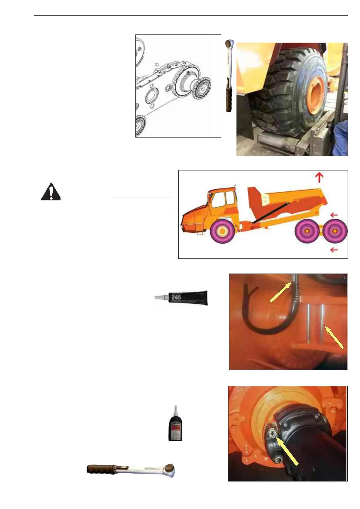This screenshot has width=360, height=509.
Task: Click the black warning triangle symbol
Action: tap(51, 192)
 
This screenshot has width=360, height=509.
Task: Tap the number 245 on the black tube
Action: tap(176, 297)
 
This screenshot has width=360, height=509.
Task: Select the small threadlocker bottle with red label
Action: tap(175, 426)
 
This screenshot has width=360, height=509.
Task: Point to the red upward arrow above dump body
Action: tap(319, 177)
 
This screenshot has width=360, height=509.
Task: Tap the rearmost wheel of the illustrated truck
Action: tap(335, 231)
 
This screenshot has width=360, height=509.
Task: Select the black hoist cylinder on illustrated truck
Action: tap(271, 213)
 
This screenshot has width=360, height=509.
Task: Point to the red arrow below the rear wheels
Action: tap(334, 250)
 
